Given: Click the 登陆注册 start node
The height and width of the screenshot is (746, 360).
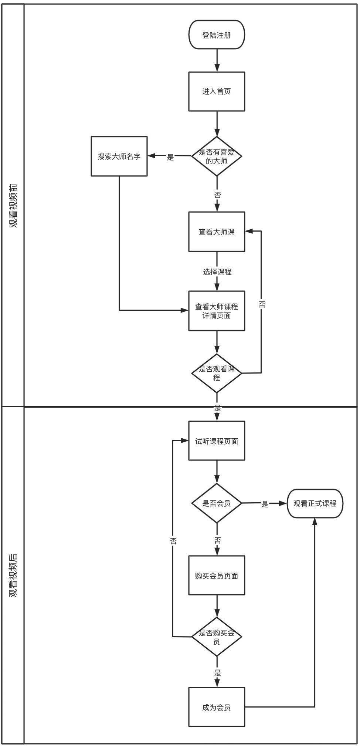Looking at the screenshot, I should tap(217, 35).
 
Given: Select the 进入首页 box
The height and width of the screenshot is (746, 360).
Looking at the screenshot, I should tap(217, 91).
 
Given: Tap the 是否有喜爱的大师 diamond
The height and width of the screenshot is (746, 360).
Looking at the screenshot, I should tap(217, 156).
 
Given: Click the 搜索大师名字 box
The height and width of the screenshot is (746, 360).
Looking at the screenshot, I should tap(119, 156).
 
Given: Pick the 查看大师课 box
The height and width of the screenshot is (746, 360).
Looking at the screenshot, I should tap(217, 232).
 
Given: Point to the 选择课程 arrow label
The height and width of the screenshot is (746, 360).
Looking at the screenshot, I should tap(217, 272).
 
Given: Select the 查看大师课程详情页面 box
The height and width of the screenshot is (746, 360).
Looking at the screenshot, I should tap(217, 311).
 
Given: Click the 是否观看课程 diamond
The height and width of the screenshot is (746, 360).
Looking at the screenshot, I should tap(217, 373).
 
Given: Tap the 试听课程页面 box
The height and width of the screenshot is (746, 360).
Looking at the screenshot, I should tap(217, 441).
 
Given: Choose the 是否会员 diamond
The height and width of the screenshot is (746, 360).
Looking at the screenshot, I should tap(217, 503).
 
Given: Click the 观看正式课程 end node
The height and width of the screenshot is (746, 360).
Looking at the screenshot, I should tap(315, 503).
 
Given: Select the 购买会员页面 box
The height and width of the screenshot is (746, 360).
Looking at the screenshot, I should tap(217, 575).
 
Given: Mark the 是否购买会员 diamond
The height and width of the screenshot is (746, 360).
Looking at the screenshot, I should tap(217, 637).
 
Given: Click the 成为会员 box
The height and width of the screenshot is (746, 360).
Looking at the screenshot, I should tap(217, 707).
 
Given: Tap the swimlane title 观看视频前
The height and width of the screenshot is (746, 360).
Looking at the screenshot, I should tap(13, 205).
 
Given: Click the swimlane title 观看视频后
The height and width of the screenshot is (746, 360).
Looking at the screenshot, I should tap(13, 575).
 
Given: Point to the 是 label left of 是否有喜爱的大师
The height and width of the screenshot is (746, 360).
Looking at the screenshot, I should tap(170, 157).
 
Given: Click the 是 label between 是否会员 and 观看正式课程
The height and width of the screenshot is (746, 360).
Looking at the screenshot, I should tap(265, 504).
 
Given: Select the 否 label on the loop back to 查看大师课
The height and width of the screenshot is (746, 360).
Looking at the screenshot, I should tap(262, 304).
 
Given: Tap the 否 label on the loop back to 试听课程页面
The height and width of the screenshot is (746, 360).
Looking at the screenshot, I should tap(173, 541).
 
